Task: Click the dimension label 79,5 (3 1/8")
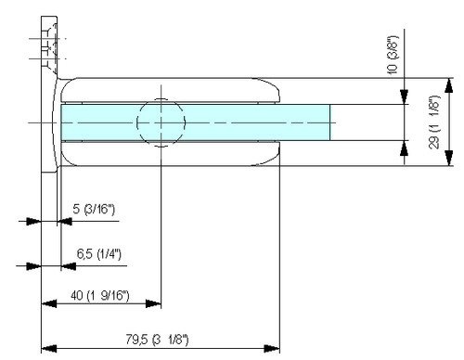coord(157,340)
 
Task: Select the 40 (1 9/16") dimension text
coord(99,295)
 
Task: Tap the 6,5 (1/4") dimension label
coord(98,254)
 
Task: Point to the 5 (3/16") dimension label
coord(94,209)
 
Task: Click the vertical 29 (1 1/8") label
coord(434,122)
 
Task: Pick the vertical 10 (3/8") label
coord(393,55)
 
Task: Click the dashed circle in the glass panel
coord(161,122)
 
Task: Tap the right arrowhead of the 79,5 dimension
coord(272,349)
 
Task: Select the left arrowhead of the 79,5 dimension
coord(49,349)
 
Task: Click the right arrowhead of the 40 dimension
coord(153,303)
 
